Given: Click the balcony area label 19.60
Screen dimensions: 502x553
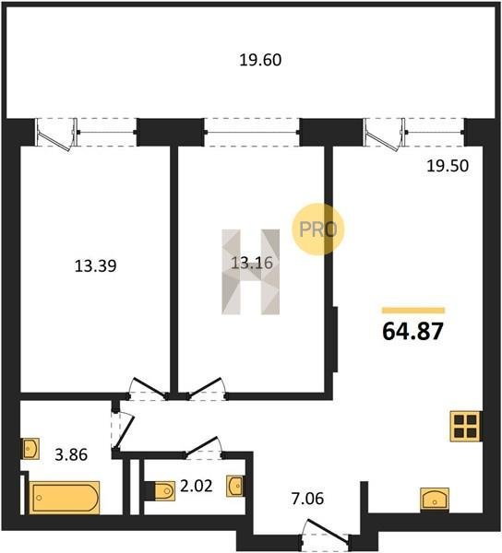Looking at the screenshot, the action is click(x=260, y=60).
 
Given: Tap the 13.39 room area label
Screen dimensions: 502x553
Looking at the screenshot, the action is click(x=96, y=266).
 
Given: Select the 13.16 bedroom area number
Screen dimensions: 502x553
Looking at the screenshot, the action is click(x=252, y=263).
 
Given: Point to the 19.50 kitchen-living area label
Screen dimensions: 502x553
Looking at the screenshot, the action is click(x=448, y=166).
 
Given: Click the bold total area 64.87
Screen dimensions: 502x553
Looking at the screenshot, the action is click(x=412, y=332).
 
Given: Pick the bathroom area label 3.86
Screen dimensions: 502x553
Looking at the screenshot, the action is click(x=71, y=454).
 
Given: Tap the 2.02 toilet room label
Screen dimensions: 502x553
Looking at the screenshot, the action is click(x=197, y=487).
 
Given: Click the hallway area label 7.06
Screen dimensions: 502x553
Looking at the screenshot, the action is click(x=308, y=499).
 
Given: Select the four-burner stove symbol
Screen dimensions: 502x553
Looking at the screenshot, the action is click(x=465, y=427).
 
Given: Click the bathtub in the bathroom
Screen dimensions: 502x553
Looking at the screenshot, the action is click(x=65, y=498).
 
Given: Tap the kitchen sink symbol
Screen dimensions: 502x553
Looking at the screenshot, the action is click(x=435, y=499).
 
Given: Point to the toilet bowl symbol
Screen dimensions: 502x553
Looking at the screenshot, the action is click(x=164, y=490).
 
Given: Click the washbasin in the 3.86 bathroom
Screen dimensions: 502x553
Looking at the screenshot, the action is click(x=30, y=448).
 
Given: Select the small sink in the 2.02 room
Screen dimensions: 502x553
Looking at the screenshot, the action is click(x=234, y=486).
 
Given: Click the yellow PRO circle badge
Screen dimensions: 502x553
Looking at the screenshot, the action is click(x=317, y=229).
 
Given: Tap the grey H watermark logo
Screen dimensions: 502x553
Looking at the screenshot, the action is click(x=251, y=272).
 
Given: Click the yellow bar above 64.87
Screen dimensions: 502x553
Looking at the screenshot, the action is click(x=413, y=311).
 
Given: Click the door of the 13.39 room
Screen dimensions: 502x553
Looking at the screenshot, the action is click(x=149, y=388).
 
